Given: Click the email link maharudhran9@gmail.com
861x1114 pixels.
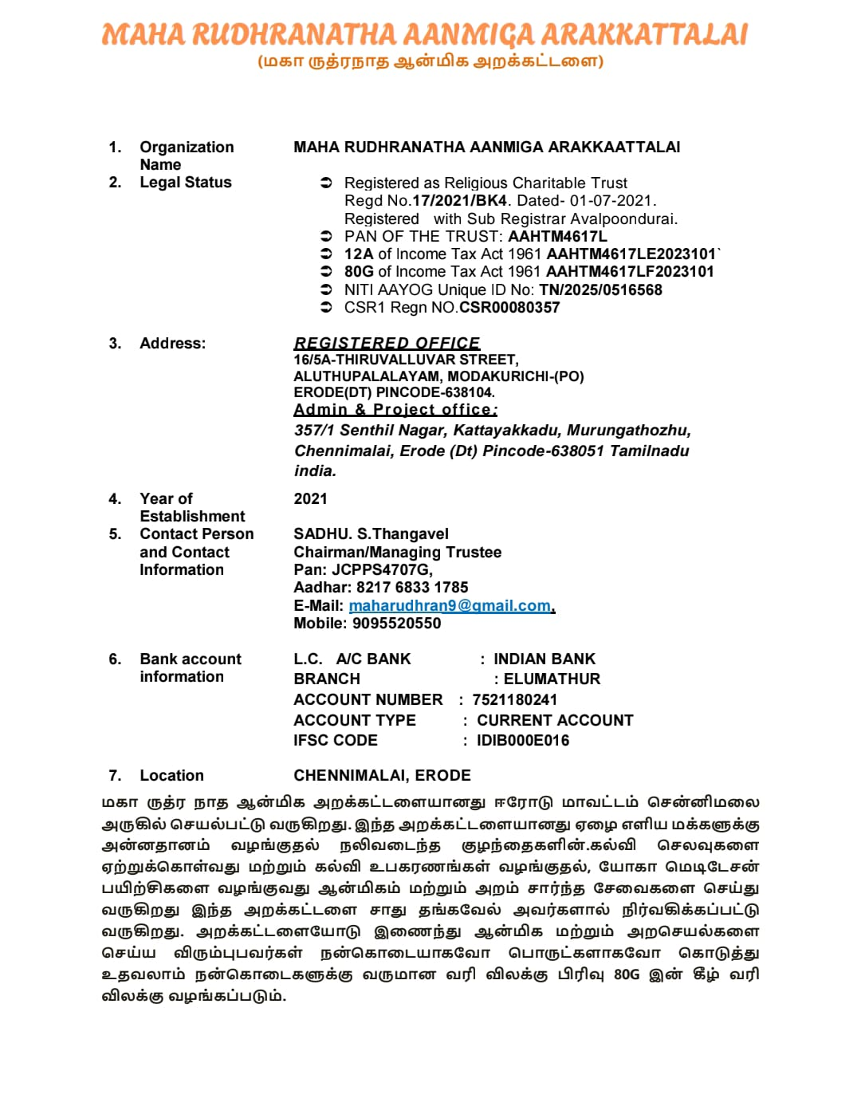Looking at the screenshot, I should tap(450, 606).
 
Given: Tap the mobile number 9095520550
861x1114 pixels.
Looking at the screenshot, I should tap(396, 624).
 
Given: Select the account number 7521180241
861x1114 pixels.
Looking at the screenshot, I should tap(514, 700).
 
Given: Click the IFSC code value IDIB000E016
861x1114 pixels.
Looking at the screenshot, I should tap(523, 741).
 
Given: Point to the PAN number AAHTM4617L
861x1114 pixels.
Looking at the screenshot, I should tap(557, 237).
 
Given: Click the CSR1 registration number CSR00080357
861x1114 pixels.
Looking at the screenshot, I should tap(509, 308).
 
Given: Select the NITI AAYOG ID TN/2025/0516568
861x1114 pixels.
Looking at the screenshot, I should tap(600, 290).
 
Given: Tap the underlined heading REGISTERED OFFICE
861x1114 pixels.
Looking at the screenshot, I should tap(387, 343).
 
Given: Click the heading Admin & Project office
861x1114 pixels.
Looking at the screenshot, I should tap(395, 410).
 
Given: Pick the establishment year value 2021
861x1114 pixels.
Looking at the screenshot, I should tap(310, 499).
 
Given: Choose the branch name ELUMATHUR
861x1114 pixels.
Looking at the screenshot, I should tap(552, 679).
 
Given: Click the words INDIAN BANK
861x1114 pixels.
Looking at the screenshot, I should tap(545, 659).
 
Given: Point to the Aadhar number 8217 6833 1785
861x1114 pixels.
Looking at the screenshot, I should tap(412, 588).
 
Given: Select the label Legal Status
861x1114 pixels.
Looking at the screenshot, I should tap(186, 183).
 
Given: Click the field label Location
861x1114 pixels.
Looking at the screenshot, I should tap(171, 776).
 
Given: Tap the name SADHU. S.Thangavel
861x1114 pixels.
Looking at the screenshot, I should tap(371, 534).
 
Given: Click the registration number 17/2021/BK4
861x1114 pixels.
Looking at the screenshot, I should tap(459, 201).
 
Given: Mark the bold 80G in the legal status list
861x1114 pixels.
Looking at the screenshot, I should tap(359, 272).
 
